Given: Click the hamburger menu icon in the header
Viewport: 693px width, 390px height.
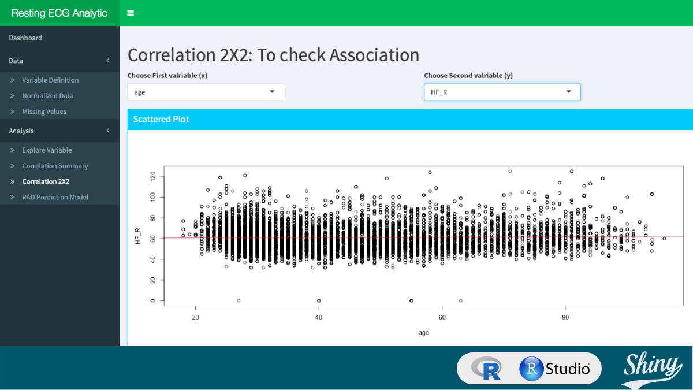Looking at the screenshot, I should (x=131, y=13).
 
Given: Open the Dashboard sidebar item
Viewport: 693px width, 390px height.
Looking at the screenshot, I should (x=25, y=38).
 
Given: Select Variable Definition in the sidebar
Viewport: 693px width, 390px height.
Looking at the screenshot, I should (x=50, y=80).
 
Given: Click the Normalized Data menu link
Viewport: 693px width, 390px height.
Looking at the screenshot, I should (x=48, y=96).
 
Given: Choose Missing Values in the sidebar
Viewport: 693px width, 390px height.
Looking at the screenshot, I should (x=44, y=112).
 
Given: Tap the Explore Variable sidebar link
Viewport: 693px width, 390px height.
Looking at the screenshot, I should (x=47, y=150).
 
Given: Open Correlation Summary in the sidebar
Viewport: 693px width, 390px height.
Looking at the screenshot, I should (x=55, y=166).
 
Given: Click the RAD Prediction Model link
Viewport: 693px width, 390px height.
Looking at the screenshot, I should (x=55, y=197).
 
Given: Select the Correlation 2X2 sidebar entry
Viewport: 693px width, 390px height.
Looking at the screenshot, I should (x=46, y=181).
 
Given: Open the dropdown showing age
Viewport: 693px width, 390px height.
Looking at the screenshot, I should (x=206, y=92).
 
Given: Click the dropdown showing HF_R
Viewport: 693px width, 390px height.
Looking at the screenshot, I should (x=502, y=92).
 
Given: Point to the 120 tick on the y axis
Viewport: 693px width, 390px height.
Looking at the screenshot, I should (x=153, y=176).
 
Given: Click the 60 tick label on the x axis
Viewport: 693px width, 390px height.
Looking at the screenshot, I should (x=442, y=317).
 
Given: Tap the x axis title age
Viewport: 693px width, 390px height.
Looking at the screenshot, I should (x=424, y=333).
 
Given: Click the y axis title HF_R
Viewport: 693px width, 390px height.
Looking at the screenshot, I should (x=137, y=236).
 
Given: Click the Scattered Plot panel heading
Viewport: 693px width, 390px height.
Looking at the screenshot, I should (x=161, y=119).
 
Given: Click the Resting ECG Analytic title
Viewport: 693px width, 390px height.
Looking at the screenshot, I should (x=59, y=13).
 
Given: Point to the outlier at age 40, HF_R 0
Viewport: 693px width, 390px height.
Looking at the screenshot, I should (x=319, y=300).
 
